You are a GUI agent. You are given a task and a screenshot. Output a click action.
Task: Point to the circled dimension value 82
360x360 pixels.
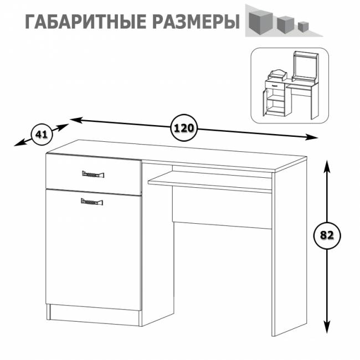(327, 235)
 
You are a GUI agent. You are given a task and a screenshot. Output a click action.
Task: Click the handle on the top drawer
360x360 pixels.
(93, 175)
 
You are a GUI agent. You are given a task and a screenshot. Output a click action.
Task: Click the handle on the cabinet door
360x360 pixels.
(92, 202)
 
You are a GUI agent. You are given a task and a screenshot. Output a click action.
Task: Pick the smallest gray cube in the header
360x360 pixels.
(302, 26)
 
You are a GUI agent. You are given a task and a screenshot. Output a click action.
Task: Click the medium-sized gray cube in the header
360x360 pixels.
(285, 24)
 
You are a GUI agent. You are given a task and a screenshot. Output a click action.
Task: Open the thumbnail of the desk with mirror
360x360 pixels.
(289, 86)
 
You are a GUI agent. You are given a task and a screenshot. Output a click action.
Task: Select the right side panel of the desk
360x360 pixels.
(288, 249)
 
